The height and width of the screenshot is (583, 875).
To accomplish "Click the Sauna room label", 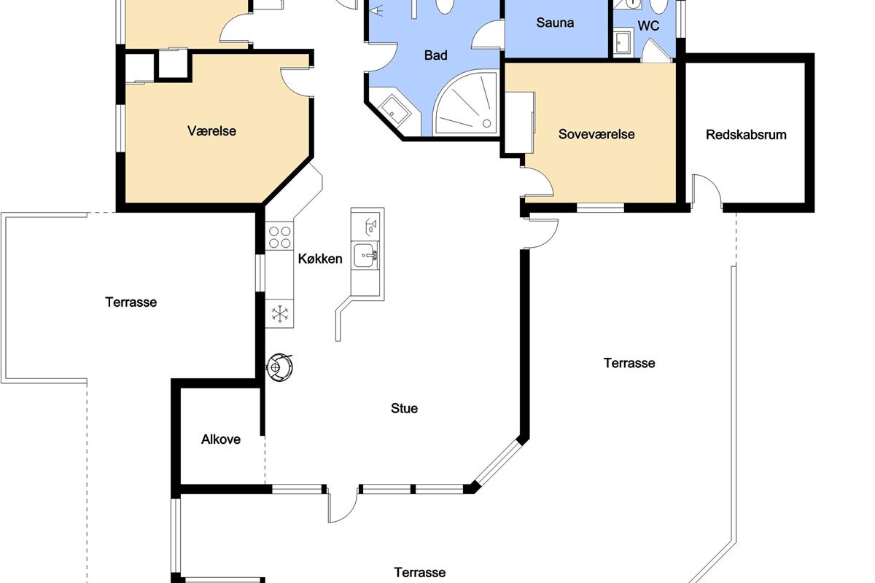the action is click(x=555, y=23).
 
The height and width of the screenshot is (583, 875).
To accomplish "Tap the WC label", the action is click(x=648, y=26).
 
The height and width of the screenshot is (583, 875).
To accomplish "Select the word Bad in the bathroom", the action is click(x=435, y=55).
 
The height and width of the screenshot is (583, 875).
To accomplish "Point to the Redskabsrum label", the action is click(x=746, y=135).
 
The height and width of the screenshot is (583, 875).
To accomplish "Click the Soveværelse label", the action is click(x=596, y=134).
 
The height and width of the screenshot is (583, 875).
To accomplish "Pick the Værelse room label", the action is click(x=211, y=131).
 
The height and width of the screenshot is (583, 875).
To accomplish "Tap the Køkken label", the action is click(x=320, y=259).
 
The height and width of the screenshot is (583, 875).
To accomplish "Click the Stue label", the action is click(x=404, y=408).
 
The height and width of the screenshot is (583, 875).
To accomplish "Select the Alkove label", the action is click(x=221, y=439).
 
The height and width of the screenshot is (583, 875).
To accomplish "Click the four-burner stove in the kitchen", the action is click(x=280, y=236).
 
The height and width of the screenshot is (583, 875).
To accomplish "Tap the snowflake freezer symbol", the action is click(x=280, y=313).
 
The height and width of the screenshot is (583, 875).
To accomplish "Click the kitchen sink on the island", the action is click(x=365, y=255).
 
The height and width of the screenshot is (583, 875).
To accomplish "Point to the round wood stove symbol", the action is click(x=279, y=367).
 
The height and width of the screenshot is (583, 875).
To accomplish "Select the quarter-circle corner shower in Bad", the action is click(x=466, y=103).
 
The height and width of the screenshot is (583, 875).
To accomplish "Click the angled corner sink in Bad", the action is click(x=395, y=110).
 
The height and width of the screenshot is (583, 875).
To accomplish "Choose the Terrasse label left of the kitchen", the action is click(x=131, y=302).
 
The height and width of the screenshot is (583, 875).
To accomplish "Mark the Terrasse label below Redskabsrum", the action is click(x=629, y=363).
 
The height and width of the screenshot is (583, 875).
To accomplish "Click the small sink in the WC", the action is click(x=623, y=42).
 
